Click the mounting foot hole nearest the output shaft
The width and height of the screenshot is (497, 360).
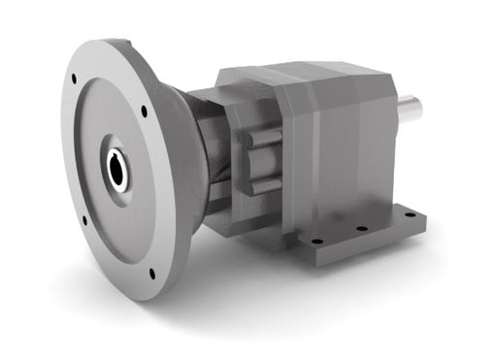click(x=409, y=214)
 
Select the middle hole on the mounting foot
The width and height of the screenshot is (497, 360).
click(x=361, y=228)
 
